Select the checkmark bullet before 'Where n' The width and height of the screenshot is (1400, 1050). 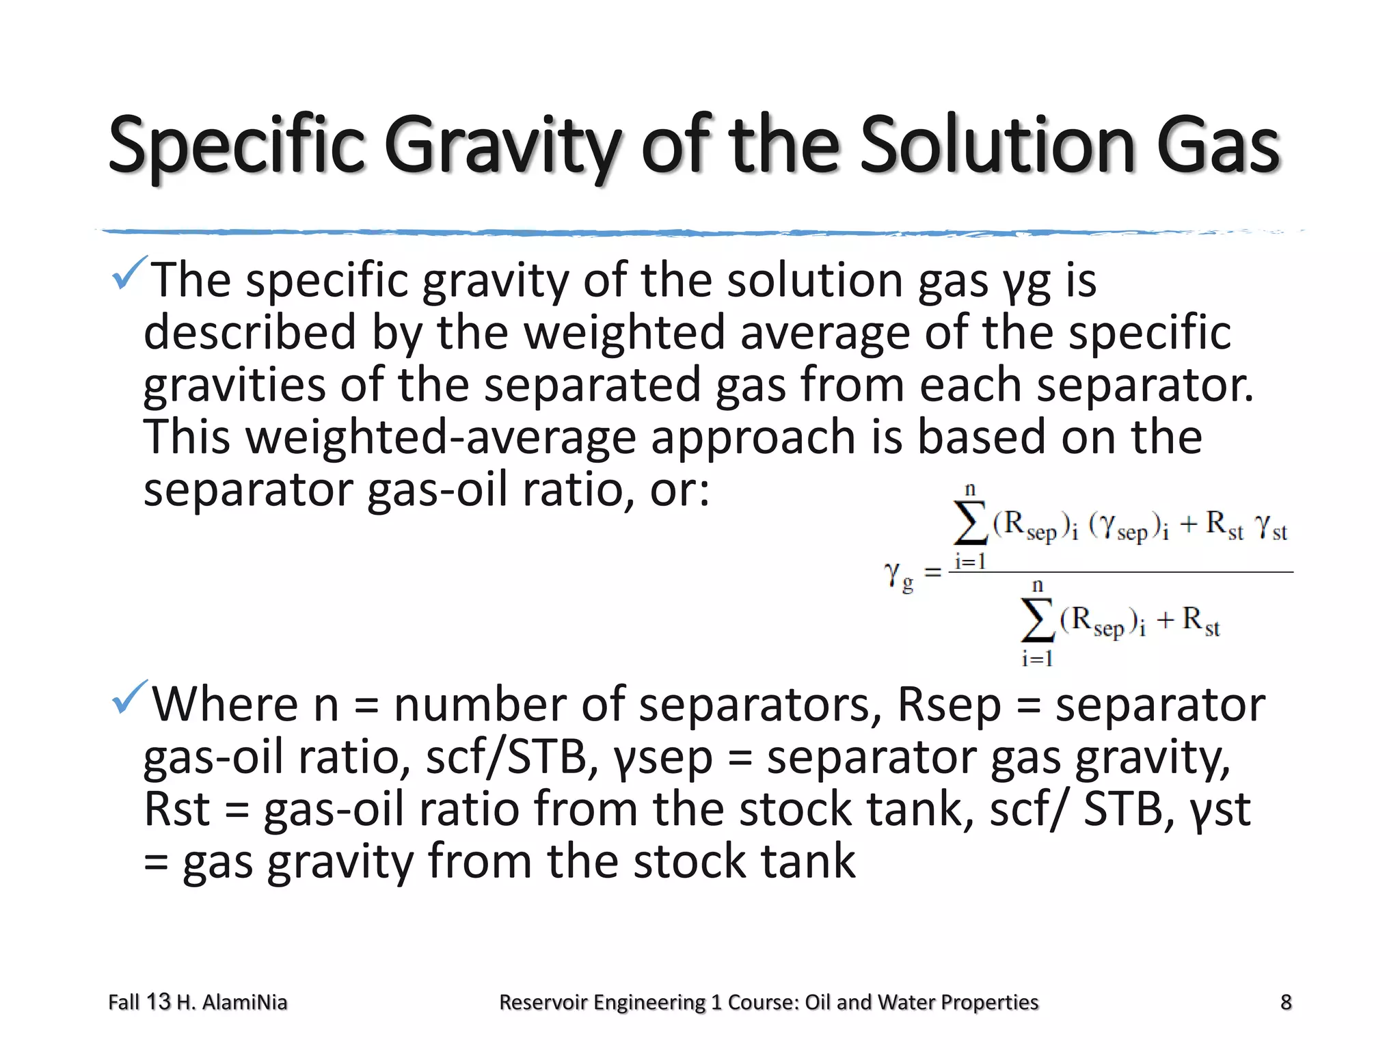pos(129,697)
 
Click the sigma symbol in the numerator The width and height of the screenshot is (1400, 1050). pos(970,524)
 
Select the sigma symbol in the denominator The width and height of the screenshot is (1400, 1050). pos(1038,621)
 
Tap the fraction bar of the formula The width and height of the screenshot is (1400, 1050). pos(1121,571)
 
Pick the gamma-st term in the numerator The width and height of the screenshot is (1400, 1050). pos(1271,526)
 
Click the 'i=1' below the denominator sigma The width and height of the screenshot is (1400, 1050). pos(1037,659)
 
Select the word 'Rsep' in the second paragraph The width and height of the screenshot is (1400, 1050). pos(949,705)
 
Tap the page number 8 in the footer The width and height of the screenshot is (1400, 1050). pos(1286,1002)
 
